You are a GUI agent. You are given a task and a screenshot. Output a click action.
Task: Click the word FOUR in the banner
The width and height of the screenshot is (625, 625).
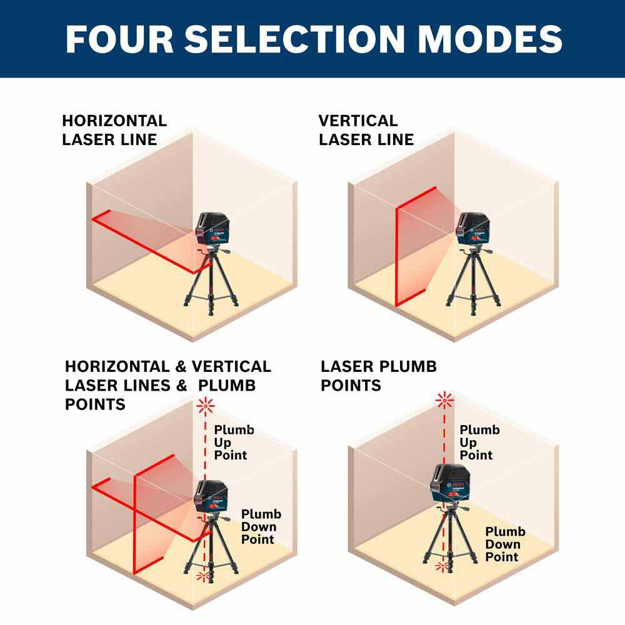[x=119, y=39]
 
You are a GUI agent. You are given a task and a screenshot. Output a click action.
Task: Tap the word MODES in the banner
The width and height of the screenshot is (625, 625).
[x=490, y=39]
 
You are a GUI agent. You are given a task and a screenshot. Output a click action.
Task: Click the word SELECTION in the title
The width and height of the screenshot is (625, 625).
[x=295, y=39]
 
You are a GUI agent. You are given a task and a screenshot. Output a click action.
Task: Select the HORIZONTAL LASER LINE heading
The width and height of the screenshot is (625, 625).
[x=114, y=130]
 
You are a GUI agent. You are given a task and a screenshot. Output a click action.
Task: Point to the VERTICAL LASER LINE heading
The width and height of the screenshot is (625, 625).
[x=366, y=130]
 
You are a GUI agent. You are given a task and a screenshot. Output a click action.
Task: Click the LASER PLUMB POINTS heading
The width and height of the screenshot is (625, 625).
[x=379, y=376]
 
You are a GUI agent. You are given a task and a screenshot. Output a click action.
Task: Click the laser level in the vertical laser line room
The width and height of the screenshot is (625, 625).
[x=472, y=228]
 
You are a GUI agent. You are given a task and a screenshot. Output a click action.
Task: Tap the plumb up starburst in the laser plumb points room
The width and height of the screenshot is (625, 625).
[x=444, y=400]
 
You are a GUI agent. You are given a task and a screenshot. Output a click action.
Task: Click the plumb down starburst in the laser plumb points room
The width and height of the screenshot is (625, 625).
[x=442, y=566]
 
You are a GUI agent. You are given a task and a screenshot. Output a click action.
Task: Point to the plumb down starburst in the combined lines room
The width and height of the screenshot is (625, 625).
[x=204, y=576]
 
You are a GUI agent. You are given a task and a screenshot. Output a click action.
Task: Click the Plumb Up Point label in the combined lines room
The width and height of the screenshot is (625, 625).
[x=234, y=442]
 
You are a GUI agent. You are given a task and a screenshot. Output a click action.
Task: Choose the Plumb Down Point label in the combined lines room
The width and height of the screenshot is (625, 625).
[x=261, y=526]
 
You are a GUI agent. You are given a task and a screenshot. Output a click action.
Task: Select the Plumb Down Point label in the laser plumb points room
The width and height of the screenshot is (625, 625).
[x=505, y=544]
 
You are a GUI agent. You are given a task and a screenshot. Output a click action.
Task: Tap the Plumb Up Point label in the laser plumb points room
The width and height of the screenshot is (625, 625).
[x=479, y=442]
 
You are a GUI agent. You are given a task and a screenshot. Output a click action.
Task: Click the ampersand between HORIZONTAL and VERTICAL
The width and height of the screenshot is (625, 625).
[x=181, y=367]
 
